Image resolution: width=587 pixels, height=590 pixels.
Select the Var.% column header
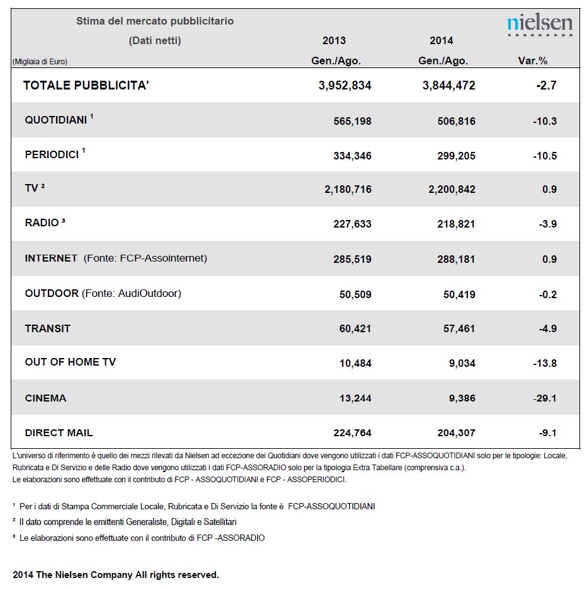click(x=532, y=61)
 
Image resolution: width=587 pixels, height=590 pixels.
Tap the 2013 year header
click(x=334, y=40)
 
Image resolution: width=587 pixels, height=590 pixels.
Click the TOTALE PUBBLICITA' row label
click(x=86, y=86)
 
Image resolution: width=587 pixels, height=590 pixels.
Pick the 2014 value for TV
click(x=452, y=189)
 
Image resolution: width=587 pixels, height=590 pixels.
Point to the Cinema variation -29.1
click(x=545, y=398)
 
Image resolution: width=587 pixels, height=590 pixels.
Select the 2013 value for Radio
click(x=352, y=224)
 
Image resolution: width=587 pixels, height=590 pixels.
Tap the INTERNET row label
click(x=51, y=258)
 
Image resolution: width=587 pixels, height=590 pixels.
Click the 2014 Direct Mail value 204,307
click(x=456, y=432)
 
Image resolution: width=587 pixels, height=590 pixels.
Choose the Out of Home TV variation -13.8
click(x=545, y=363)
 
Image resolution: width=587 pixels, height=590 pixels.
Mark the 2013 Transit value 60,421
click(x=355, y=328)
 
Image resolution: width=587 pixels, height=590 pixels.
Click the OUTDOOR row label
click(x=52, y=293)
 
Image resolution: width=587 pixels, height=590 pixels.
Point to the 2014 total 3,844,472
click(x=448, y=86)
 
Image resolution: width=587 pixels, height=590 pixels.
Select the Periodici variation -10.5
click(x=545, y=156)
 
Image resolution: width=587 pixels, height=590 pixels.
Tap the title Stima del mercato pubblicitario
click(x=155, y=21)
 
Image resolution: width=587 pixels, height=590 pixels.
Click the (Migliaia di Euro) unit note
click(x=40, y=62)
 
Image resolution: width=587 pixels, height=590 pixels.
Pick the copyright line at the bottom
click(x=116, y=575)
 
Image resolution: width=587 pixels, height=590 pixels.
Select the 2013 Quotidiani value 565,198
click(x=352, y=121)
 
